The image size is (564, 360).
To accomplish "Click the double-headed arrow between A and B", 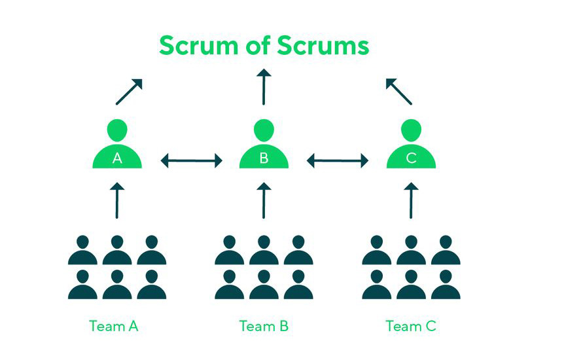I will pyautogui.click(x=191, y=160).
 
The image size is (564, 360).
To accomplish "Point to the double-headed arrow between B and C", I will pyautogui.click(x=338, y=160).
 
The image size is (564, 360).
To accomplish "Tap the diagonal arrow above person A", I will pyautogui.click(x=129, y=92).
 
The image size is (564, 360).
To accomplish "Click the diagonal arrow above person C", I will pyautogui.click(x=398, y=92).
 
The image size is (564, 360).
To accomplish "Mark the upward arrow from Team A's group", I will pyautogui.click(x=117, y=200).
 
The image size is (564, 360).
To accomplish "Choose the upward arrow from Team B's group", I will pyautogui.click(x=264, y=200).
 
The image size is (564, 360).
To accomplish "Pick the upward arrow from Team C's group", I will pyautogui.click(x=411, y=200).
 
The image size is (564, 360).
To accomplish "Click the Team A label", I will pyautogui.click(x=113, y=325).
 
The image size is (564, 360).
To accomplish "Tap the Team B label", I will pyautogui.click(x=264, y=325).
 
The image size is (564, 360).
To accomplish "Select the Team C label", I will pyautogui.click(x=411, y=325).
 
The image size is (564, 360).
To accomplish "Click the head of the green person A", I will pyautogui.click(x=117, y=130).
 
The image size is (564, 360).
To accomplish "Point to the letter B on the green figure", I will pyautogui.click(x=264, y=158).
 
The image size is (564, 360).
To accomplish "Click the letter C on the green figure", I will pyautogui.click(x=411, y=158).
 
